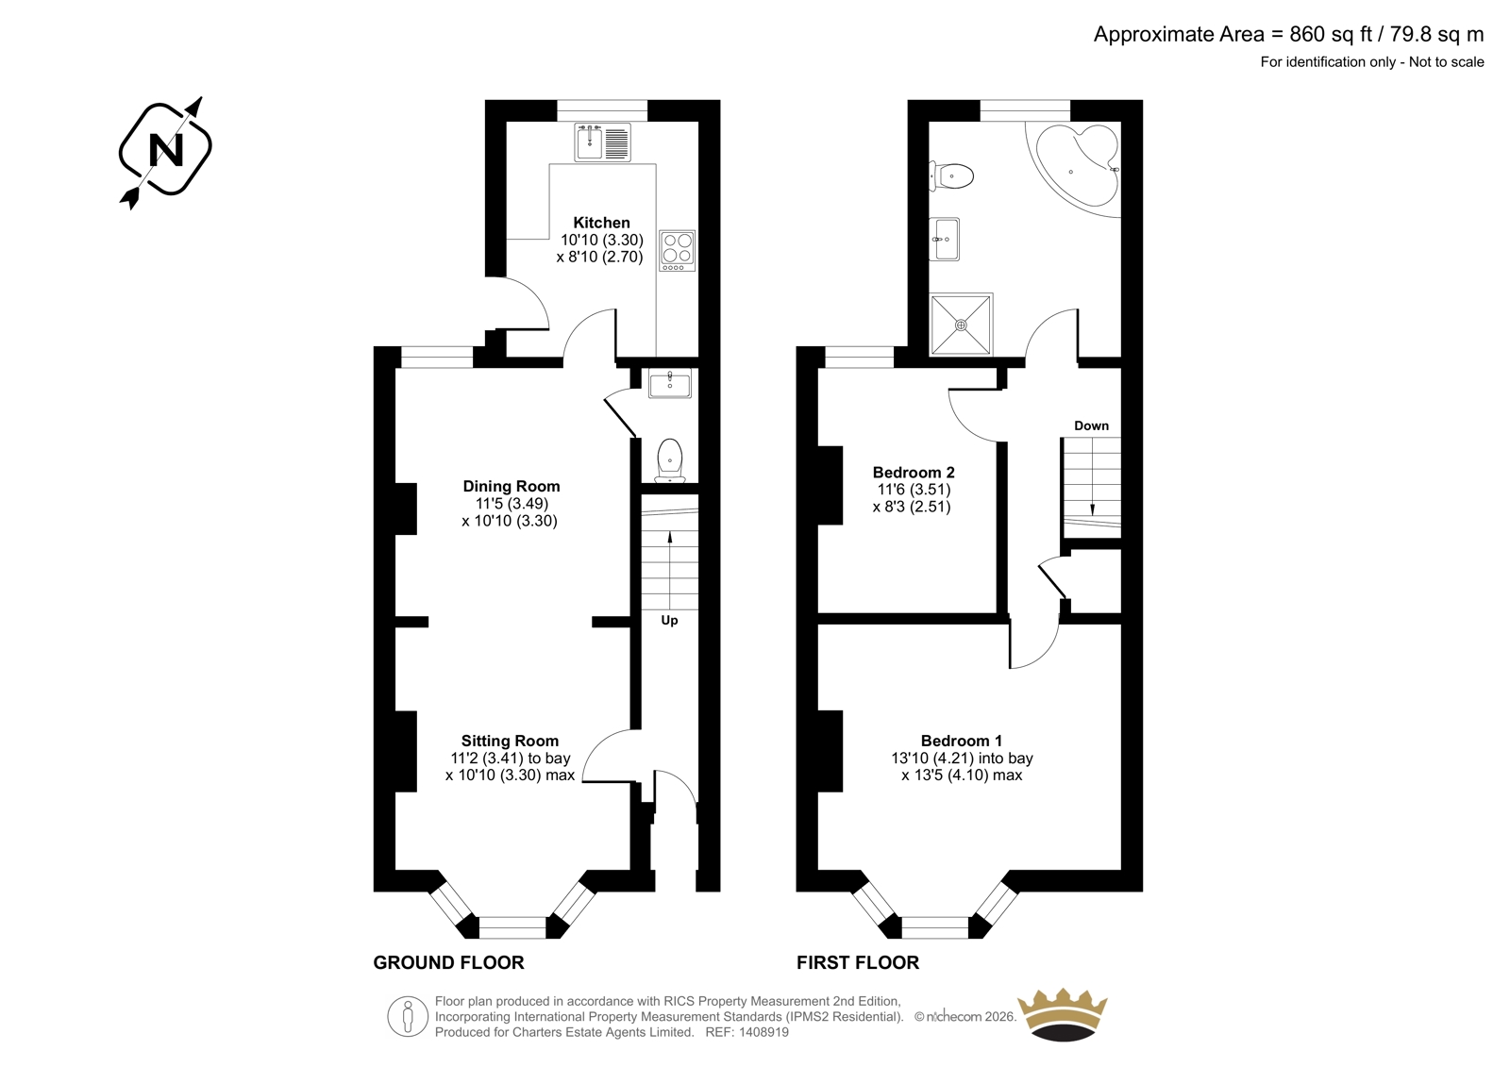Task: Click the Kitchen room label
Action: [x=601, y=223]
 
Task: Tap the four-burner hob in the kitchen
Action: [x=678, y=250]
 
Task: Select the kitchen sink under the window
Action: [x=603, y=142]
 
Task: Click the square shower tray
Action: [x=962, y=325]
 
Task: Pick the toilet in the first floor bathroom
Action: [x=951, y=176]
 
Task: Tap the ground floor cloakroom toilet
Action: [x=669, y=461]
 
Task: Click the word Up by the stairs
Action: [x=669, y=620]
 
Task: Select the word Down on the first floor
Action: [x=1091, y=425]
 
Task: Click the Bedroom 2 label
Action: [x=914, y=472]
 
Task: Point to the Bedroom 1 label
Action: [x=962, y=741]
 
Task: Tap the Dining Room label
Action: [x=511, y=486]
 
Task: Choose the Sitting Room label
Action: [x=510, y=741]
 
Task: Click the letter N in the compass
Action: [x=166, y=150]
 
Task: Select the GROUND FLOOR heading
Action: [x=448, y=962]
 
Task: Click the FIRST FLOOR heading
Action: [x=858, y=962]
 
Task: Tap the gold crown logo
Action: [x=1063, y=1014]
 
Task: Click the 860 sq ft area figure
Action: [x=1332, y=34]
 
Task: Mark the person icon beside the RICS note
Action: [x=407, y=1016]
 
